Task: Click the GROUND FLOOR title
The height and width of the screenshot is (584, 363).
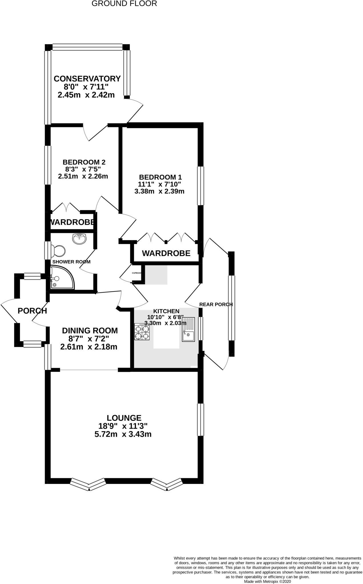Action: [x=124, y=4]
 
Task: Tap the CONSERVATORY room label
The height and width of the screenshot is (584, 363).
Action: [x=87, y=78]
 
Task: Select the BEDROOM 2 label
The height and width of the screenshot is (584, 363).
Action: [x=84, y=162]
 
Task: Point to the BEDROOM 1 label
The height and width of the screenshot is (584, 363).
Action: [x=160, y=177]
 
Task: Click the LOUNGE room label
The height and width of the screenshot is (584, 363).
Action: [x=124, y=418]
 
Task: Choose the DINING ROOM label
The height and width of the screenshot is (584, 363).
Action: [x=90, y=330]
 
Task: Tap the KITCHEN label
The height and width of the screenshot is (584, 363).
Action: [x=166, y=311]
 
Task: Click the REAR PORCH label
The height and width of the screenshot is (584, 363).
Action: [x=216, y=304]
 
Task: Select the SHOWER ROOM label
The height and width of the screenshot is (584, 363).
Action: [x=71, y=262]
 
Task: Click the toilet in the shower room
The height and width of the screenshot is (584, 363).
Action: [x=59, y=251]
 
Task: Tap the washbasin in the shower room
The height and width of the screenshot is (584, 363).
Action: [x=80, y=238]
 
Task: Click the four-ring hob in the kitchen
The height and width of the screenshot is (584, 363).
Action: [x=142, y=332]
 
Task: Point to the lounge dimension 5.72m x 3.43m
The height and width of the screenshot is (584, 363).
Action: [x=123, y=435]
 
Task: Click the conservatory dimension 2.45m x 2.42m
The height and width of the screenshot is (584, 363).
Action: [x=86, y=95]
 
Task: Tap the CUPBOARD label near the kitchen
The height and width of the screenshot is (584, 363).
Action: [x=137, y=273]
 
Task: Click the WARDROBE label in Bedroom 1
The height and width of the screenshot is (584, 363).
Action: [x=166, y=253]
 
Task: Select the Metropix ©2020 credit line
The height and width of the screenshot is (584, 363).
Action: [x=267, y=581]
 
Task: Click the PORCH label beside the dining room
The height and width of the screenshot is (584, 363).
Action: [x=32, y=311]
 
